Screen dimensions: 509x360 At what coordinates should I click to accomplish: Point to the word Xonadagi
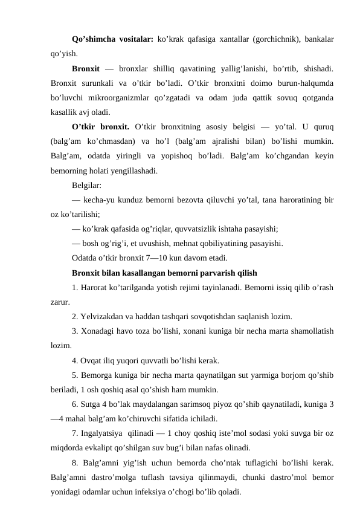98,331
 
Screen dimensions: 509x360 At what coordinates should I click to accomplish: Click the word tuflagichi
266,463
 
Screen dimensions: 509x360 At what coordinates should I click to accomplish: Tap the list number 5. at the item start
75,375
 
